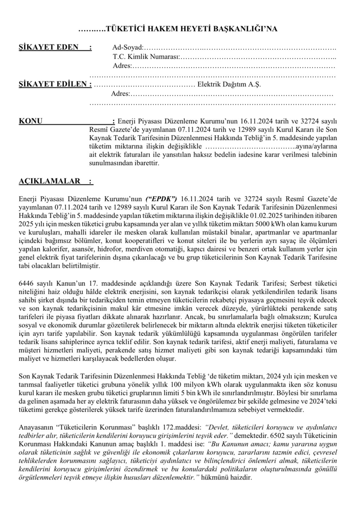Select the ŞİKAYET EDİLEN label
[x=55, y=84]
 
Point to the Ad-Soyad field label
[x=127, y=48]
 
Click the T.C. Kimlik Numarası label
[x=146, y=57]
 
